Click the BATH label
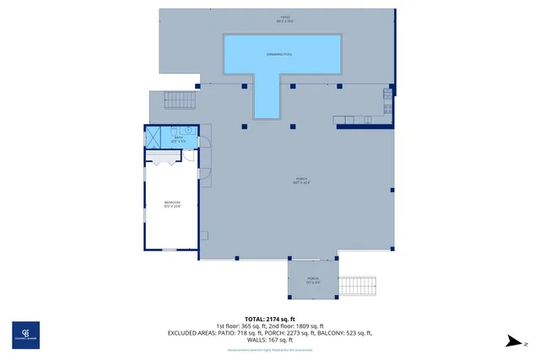click(178, 138)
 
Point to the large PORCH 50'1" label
click(301, 180)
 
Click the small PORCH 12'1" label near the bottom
click(312, 280)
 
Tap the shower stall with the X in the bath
click(154, 137)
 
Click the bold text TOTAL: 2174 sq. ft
click(269, 319)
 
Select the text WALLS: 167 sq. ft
click(269, 339)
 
